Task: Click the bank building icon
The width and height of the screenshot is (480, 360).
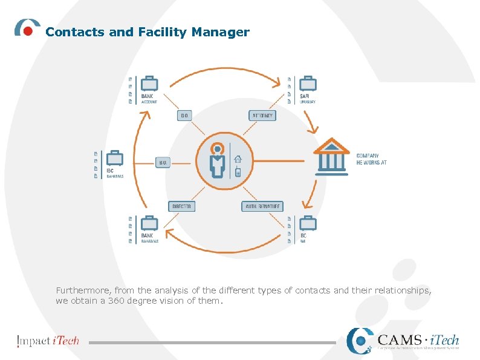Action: (331, 155)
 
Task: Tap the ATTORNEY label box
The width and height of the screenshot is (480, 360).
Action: (262, 115)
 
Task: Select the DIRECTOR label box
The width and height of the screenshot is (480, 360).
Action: (181, 206)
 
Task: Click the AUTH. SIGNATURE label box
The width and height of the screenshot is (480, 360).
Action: (262, 206)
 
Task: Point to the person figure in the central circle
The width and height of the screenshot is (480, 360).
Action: (217, 160)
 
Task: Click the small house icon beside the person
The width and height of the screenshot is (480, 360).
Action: (238, 159)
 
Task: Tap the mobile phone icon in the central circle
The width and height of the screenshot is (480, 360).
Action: (238, 172)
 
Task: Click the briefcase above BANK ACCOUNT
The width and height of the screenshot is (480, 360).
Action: (148, 83)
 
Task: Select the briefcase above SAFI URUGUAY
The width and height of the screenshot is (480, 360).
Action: (308, 83)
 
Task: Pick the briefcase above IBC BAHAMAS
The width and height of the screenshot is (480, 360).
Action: (114, 159)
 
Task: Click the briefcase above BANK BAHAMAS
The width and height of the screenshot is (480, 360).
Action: (148, 224)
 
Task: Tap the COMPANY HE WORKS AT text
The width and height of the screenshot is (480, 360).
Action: (371, 159)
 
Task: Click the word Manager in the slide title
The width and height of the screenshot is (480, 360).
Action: (220, 33)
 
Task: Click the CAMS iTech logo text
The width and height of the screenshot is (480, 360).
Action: (418, 341)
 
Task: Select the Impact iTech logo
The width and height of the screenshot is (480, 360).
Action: (48, 341)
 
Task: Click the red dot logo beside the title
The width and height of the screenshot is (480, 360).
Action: (28, 31)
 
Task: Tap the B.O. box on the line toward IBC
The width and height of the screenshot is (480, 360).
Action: (163, 162)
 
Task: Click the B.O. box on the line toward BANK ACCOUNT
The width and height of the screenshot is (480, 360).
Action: (184, 115)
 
